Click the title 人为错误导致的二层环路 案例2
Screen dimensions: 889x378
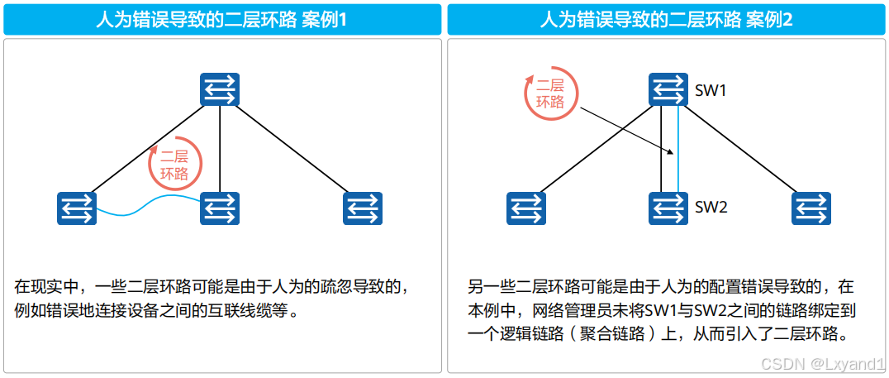point(666,20)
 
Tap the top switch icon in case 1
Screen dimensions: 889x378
point(220,89)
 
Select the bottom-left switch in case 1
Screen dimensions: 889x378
point(77,208)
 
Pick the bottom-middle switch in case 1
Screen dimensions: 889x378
point(220,208)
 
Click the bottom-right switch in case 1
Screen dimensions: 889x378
point(363,208)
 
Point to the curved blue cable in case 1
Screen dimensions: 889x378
point(149,207)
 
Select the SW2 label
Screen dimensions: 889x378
point(711,208)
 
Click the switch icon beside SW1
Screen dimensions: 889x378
point(668,89)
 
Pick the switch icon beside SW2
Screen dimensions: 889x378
point(668,208)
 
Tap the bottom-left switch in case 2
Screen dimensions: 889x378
point(525,208)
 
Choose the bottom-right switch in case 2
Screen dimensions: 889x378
point(811,208)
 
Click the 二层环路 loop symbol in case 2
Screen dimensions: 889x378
point(550,93)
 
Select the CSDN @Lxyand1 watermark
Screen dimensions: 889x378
point(822,363)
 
